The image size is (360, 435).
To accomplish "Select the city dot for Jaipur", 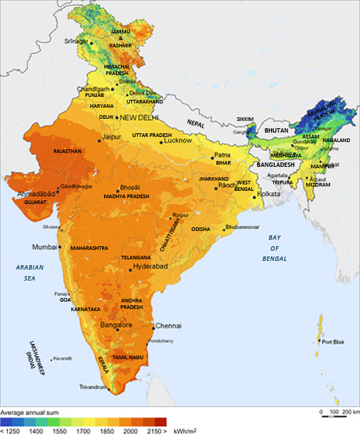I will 101,138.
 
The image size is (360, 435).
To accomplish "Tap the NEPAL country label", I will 196,123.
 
